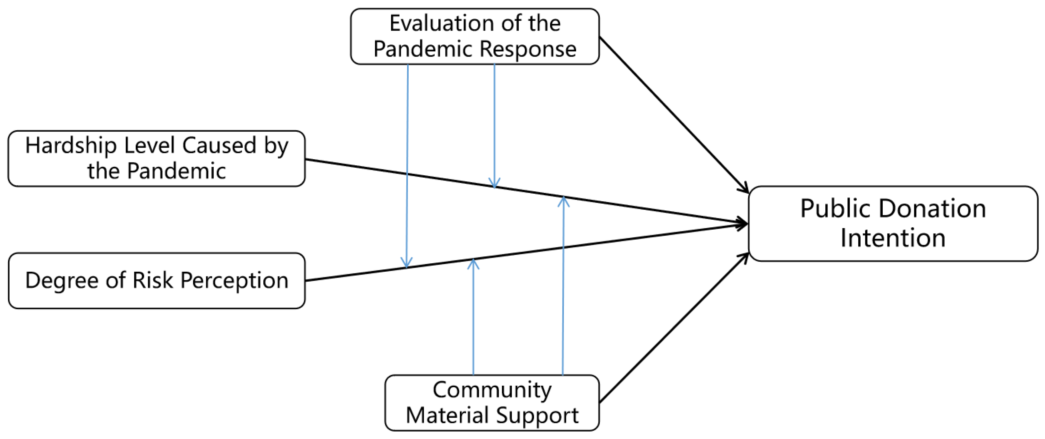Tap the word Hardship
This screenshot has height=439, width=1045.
[71, 146]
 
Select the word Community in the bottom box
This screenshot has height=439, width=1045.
[492, 390]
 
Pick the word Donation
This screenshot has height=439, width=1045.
[933, 209]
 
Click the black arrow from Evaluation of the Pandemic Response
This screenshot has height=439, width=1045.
[673, 114]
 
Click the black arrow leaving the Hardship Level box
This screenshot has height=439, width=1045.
[608, 204]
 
